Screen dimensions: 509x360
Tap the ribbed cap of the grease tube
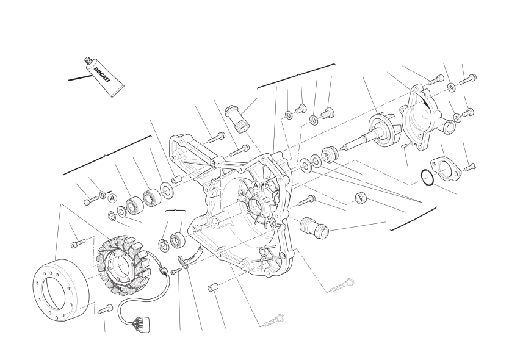[87, 60]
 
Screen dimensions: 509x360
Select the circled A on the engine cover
[256, 185]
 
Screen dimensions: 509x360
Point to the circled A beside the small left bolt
[112, 198]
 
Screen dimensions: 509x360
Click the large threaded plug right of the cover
[314, 227]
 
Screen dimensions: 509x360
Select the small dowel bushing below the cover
[213, 287]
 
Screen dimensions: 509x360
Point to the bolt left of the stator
[78, 243]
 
